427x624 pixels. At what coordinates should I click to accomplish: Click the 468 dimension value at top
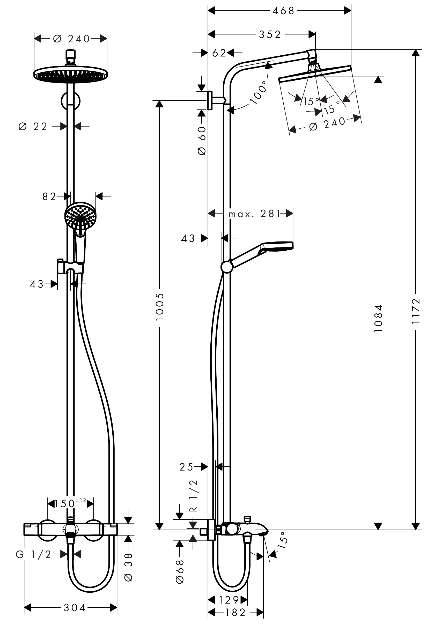tap(283, 11)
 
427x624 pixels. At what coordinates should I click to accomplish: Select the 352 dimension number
tap(270, 35)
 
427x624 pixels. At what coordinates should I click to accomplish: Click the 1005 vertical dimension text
tap(160, 307)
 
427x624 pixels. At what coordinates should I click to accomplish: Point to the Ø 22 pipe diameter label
tap(33, 126)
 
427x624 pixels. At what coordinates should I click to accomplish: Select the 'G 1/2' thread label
tap(34, 554)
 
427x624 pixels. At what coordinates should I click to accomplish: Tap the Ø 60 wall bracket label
tap(202, 141)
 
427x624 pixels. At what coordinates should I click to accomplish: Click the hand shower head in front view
tap(80, 216)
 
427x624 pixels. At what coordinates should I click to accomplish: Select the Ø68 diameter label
tap(180, 571)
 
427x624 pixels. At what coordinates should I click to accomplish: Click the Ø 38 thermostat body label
tap(129, 567)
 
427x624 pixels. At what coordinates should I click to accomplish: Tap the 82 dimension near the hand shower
tap(49, 197)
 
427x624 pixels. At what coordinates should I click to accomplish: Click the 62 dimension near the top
tap(219, 53)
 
